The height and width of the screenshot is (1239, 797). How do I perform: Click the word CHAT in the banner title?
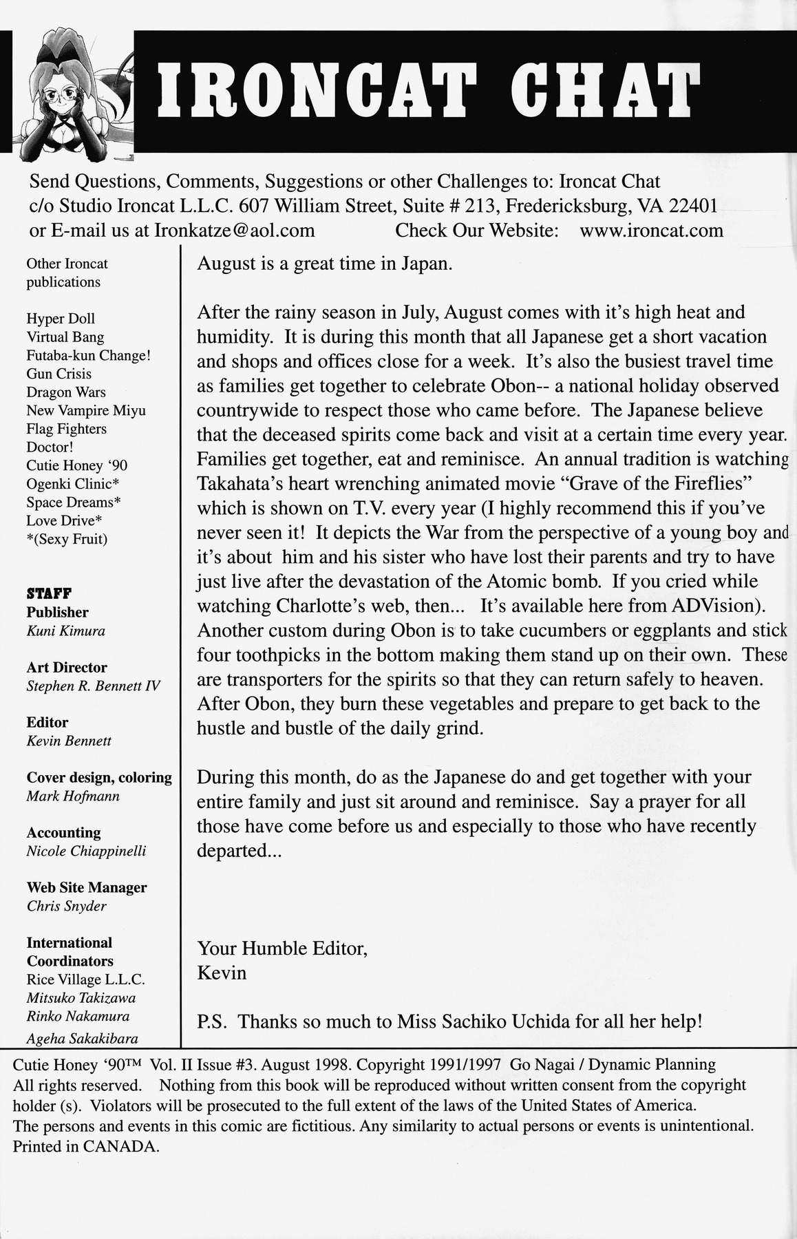602,91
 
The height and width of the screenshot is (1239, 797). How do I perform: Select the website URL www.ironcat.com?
651,230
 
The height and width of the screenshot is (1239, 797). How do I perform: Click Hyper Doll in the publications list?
61,319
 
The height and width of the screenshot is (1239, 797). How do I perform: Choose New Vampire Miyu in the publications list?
86,411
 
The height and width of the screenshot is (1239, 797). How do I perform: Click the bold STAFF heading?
50,593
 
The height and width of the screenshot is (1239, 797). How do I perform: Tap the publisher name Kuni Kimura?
66,631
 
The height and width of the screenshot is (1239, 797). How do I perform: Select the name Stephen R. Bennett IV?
94,686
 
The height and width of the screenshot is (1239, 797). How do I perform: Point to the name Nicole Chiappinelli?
86,851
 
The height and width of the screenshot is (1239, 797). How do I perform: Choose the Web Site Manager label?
87,888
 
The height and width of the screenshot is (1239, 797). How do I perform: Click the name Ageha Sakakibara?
82,1039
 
